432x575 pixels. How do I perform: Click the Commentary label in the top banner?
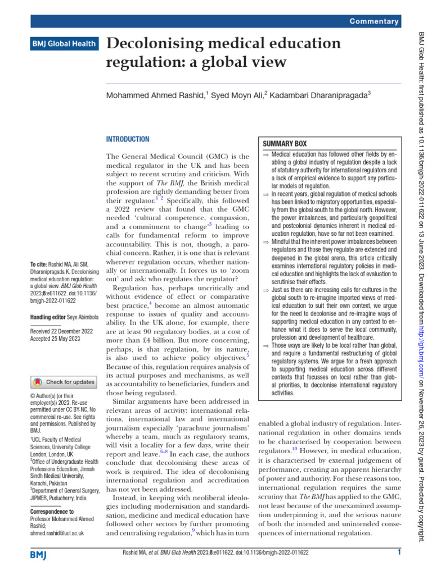(374, 21)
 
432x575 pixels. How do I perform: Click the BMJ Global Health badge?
(65, 43)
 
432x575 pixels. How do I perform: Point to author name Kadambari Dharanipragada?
(318, 96)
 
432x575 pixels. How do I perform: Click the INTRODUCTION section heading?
(128, 139)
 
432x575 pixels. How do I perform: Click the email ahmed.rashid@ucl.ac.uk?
(57, 533)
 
